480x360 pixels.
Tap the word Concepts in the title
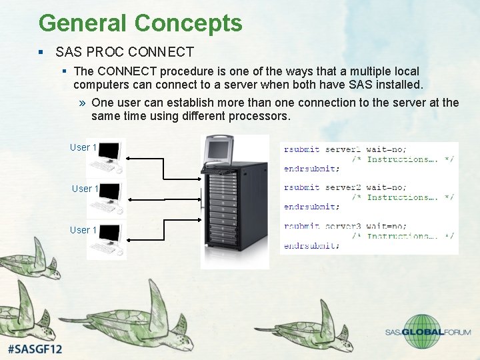[188, 23]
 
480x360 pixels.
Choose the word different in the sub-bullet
[194, 116]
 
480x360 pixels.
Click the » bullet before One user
[82, 103]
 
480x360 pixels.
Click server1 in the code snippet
[343, 149]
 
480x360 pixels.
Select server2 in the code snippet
[343, 187]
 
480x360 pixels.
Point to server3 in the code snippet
[343, 226]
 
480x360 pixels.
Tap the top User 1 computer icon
[107, 155]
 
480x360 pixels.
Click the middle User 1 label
[85, 189]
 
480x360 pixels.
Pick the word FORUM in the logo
[457, 332]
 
